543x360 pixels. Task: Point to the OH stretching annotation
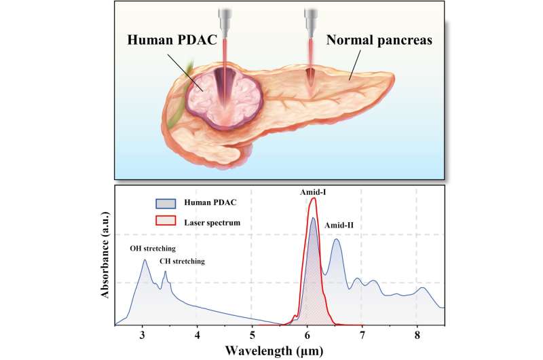(x=152, y=249)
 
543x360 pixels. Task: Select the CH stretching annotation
(x=181, y=261)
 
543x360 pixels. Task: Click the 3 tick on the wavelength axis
(x=143, y=335)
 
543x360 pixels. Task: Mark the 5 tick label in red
(x=252, y=335)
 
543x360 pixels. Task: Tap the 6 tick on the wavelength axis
(x=307, y=335)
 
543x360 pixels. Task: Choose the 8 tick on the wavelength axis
(x=417, y=335)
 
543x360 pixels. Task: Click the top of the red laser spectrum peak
(x=313, y=199)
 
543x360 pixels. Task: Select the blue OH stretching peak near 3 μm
(x=144, y=260)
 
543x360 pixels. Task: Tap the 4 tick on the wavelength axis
(x=198, y=335)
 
